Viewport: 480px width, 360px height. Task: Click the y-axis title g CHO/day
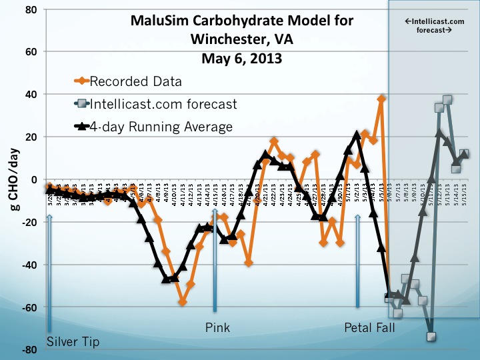[x=13, y=180]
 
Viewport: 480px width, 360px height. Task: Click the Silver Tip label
[x=73, y=343]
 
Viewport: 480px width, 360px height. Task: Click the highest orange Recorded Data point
[x=382, y=99]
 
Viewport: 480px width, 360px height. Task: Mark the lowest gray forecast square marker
[x=431, y=337]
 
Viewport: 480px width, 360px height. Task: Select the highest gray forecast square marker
[x=447, y=100]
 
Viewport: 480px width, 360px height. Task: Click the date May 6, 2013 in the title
[x=241, y=58]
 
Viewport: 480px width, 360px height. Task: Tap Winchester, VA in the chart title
[x=241, y=40]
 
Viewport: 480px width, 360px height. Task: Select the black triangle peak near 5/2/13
[x=357, y=135]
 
